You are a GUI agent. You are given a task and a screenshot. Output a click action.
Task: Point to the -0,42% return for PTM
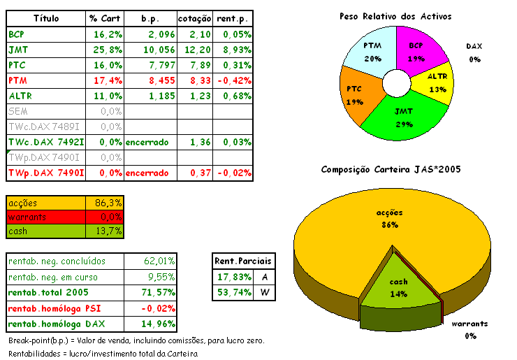click(234, 80)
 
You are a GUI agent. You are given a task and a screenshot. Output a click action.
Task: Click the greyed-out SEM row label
click(17, 111)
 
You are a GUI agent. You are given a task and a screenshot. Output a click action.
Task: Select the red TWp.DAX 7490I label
click(46, 173)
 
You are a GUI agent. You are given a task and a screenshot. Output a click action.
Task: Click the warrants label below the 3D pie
click(469, 324)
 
